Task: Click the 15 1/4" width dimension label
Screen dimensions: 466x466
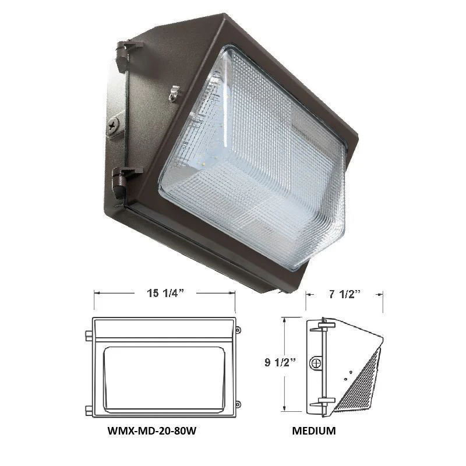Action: [x=165, y=294]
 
